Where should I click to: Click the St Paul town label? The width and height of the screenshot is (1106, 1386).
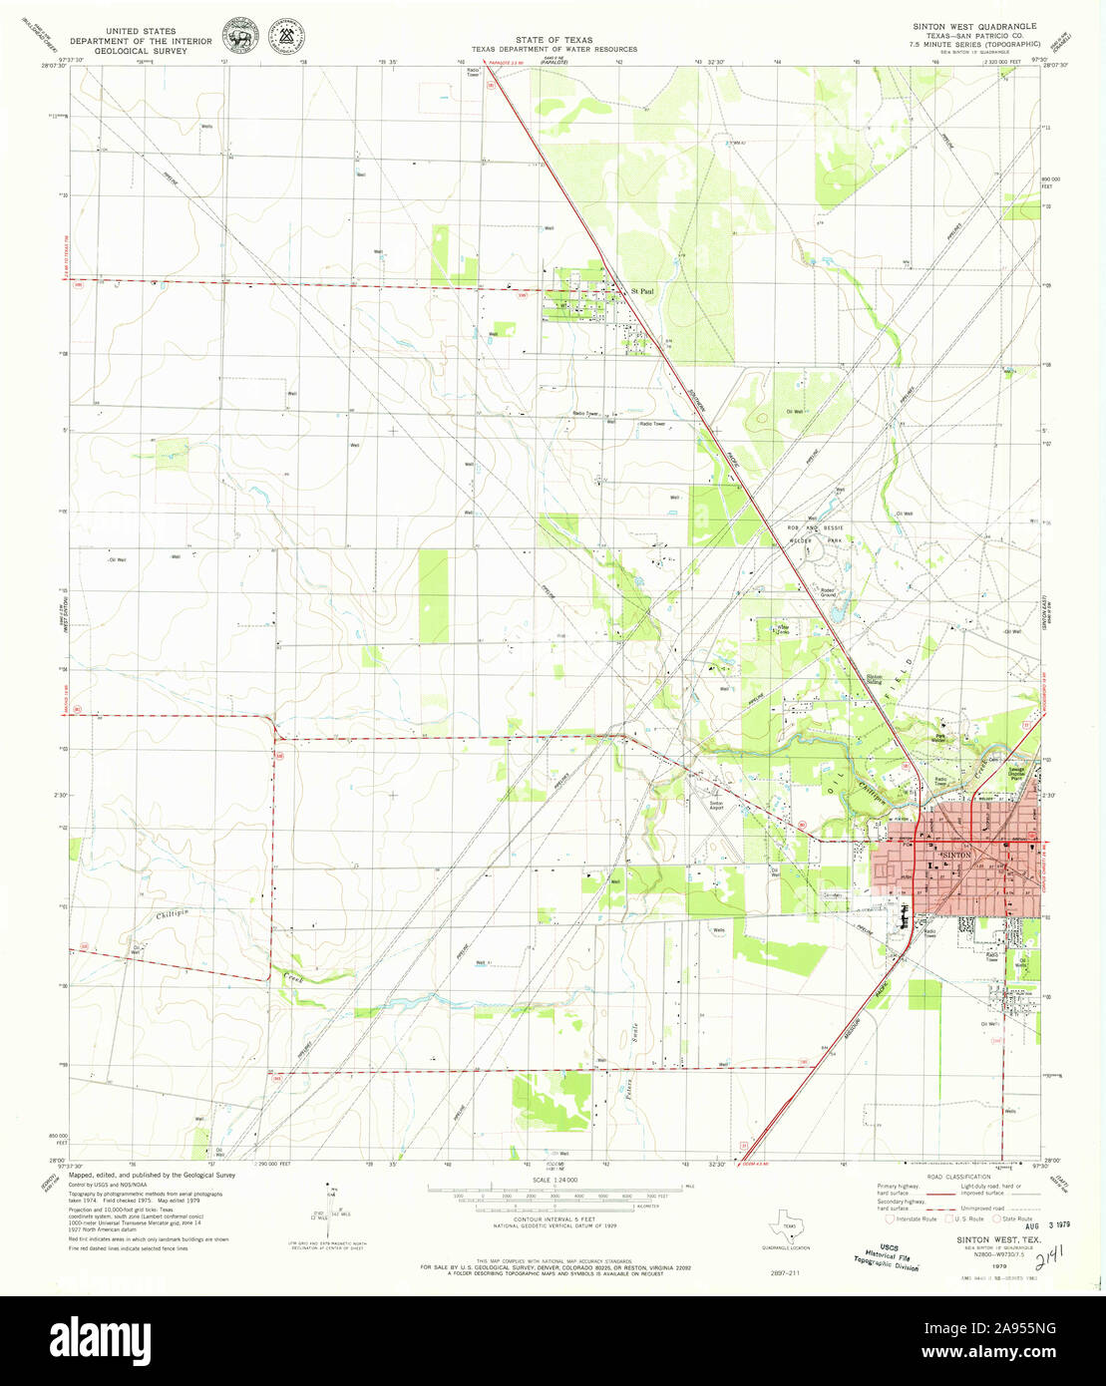[642, 292]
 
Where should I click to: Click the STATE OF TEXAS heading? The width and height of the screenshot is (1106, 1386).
[554, 40]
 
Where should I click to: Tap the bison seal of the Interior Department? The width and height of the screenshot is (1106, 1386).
[236, 34]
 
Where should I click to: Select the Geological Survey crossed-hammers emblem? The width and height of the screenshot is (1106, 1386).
[289, 35]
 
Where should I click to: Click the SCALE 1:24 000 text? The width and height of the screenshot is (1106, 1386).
[555, 1182]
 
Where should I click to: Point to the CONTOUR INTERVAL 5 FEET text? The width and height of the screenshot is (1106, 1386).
[554, 1219]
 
